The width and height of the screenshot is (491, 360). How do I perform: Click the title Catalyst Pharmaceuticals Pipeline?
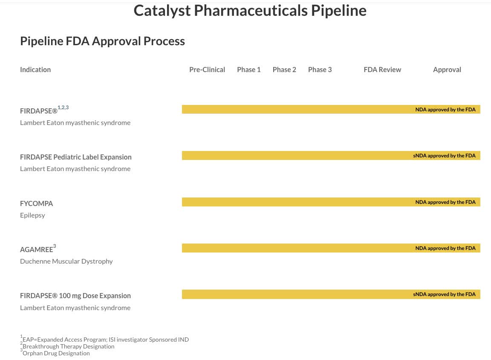(250, 11)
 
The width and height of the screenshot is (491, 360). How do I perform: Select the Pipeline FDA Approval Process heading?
(102, 41)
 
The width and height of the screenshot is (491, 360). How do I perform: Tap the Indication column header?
(35, 70)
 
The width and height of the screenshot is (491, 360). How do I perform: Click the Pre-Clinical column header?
(207, 70)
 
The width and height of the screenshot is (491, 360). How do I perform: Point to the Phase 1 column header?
(249, 70)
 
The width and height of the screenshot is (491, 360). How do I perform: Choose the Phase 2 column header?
(284, 70)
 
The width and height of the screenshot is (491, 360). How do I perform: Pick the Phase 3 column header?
(320, 70)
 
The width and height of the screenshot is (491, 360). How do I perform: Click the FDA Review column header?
(382, 70)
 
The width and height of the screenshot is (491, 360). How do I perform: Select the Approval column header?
(447, 70)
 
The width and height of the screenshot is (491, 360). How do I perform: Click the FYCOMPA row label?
(37, 203)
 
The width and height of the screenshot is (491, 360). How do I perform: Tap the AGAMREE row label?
(37, 250)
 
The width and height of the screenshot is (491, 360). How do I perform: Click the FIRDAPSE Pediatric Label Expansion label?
(76, 157)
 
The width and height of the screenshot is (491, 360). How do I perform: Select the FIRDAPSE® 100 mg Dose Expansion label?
(75, 296)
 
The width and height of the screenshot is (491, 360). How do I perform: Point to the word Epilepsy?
(32, 215)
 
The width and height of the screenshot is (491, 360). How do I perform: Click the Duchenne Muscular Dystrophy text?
(66, 261)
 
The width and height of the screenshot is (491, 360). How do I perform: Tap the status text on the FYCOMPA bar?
(445, 202)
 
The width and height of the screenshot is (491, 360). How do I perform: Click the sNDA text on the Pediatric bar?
(444, 156)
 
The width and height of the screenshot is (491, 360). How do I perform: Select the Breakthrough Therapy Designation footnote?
(68, 346)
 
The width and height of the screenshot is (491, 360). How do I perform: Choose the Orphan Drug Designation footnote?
(56, 353)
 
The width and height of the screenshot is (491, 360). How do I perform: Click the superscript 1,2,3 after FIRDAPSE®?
(63, 107)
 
